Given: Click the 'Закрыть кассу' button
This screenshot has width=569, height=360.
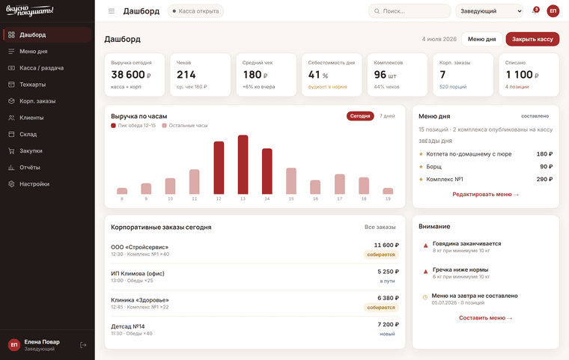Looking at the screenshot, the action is pos(532,39).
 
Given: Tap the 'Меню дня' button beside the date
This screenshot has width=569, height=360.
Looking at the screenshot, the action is pos(481,39).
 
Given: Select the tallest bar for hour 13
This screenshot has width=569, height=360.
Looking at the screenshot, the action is pos(243,165).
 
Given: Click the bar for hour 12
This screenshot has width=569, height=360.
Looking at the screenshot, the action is pos(219,168).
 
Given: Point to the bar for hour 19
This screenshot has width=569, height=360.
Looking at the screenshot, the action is pos(388,191).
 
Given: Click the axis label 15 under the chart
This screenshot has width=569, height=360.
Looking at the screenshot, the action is pos(291,199).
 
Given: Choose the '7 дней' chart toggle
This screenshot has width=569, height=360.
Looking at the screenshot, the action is pos(387,116).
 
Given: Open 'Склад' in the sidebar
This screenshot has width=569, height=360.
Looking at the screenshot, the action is pos(28,134).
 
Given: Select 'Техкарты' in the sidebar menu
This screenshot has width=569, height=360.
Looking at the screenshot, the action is pos(32,85).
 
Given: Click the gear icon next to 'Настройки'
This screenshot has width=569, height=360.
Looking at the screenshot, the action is pos(12,184).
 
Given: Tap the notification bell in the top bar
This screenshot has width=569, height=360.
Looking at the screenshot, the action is pos(535,11).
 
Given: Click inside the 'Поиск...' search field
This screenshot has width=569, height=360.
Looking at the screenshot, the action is pos(410,11).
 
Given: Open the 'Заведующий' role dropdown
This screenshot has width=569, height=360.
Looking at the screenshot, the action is pos(489,11).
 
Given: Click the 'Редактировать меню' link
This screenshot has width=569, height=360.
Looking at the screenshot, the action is pos(486,195).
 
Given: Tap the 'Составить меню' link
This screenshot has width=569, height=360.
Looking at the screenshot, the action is pos(486,318).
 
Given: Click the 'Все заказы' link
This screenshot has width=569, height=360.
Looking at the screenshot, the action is pos(380,228).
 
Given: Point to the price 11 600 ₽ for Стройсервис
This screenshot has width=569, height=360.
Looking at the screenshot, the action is pos(386,245).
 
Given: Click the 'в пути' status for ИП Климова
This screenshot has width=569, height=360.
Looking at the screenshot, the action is pos(387,281).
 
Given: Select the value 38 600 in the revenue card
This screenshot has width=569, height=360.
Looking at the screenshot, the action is pos(128,75).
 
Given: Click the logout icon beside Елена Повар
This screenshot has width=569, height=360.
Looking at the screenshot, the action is pos(83,345).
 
